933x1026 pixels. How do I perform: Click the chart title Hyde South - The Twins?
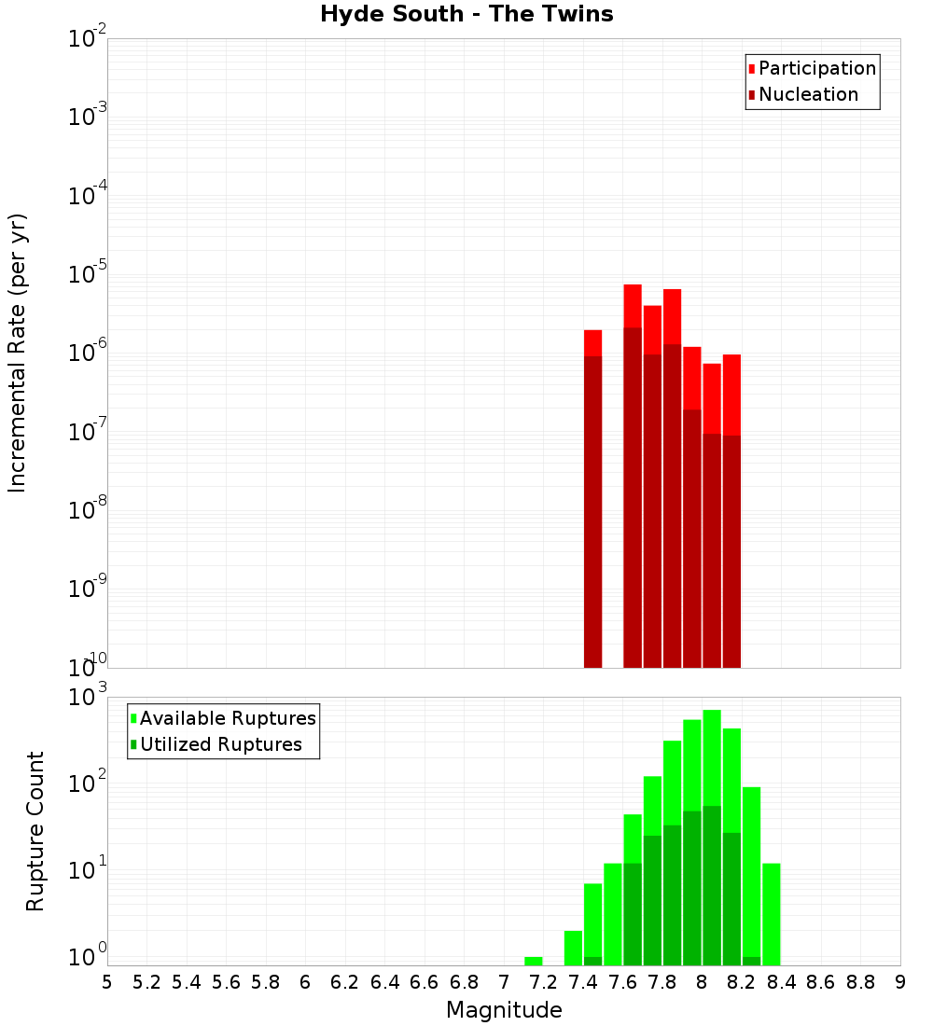466,14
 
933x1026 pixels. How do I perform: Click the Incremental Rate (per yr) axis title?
18,353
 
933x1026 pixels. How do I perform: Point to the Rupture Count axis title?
35,830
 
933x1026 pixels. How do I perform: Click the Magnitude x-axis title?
504,1010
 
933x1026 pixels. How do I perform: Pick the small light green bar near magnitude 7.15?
534,961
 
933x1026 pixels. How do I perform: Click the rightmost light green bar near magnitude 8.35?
771,914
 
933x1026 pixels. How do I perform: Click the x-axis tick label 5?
107,982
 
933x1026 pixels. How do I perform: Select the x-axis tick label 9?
900,982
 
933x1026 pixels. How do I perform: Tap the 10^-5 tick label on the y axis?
88,274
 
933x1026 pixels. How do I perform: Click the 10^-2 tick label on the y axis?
88,38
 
